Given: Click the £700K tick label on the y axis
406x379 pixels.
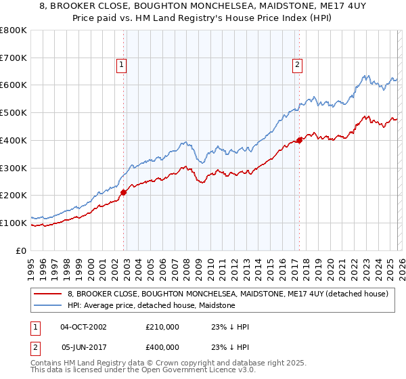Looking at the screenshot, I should click(14, 58).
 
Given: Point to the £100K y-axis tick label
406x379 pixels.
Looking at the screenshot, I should click(14, 223).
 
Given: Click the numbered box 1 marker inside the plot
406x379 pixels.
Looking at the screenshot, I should click(122, 65).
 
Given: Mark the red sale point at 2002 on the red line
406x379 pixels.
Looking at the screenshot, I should click(124, 192).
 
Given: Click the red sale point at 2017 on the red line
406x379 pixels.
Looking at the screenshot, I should click(299, 140).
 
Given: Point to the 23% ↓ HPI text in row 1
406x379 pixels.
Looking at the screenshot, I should click(230, 327).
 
